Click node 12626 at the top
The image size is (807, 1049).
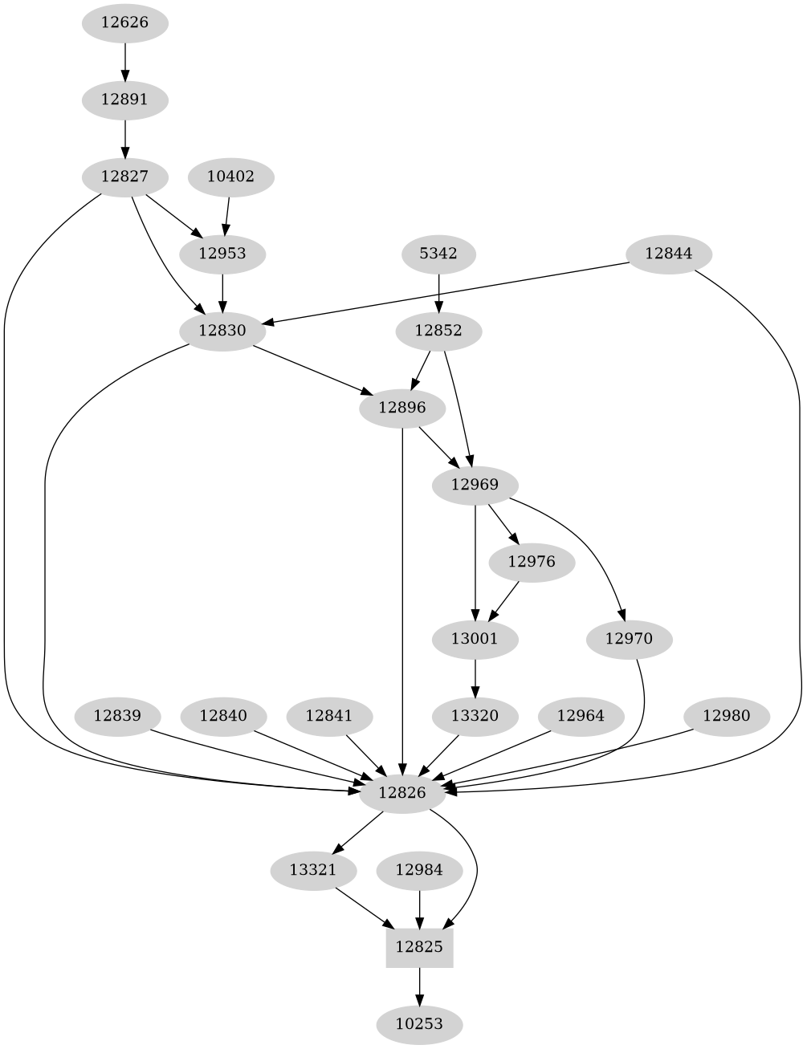[x=124, y=22]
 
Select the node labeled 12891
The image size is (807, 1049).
[x=124, y=100]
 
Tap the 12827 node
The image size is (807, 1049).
[x=124, y=177]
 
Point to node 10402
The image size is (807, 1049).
[x=230, y=177]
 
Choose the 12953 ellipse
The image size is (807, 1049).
[x=222, y=254]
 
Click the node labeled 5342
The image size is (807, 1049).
[x=438, y=254]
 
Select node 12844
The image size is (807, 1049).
[x=669, y=254]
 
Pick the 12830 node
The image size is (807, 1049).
[x=222, y=331]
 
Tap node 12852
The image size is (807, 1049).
[x=438, y=331]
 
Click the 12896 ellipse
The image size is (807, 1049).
[x=402, y=408]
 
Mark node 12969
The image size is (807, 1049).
[x=475, y=485]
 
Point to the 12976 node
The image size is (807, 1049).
[x=532, y=562]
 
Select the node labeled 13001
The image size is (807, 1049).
[x=475, y=639]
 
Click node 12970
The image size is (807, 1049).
[x=629, y=639]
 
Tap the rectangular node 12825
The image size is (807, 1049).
[x=419, y=947]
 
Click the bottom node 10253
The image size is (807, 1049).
[x=419, y=1024]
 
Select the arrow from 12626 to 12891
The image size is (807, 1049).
[x=124, y=61]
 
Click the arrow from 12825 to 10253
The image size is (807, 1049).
[x=419, y=986]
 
